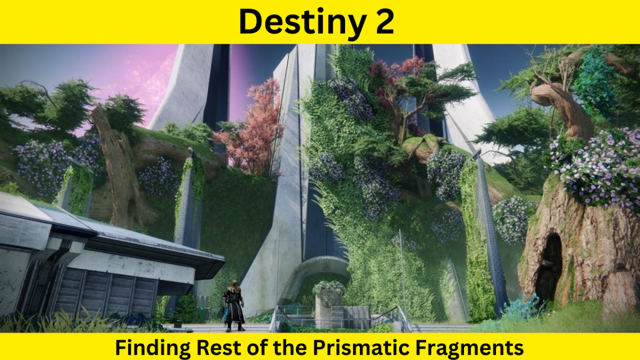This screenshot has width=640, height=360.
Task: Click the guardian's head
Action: (233, 284)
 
